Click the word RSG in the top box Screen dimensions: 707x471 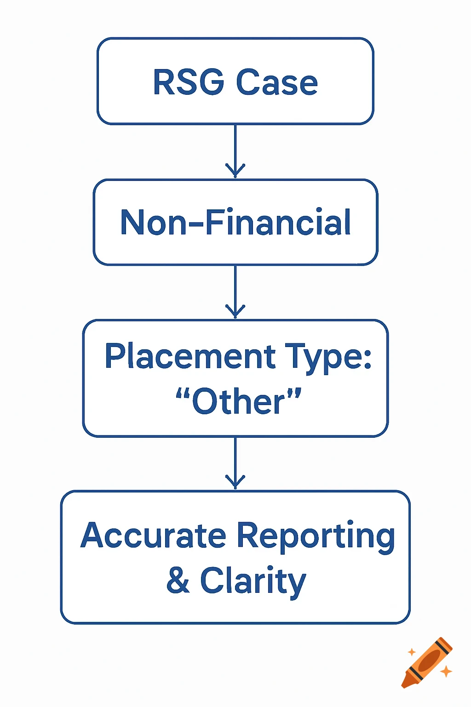coord(188,82)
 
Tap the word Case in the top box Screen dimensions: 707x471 coord(277,82)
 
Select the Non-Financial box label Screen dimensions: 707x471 coord(235,222)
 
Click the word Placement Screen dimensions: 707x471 coord(190,357)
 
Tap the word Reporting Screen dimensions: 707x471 coord(316,536)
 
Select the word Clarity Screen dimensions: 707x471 coord(253,581)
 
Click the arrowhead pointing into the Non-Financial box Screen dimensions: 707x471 coord(235,171)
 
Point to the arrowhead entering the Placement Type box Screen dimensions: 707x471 coord(235,312)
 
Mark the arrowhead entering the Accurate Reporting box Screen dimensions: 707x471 coord(235,483)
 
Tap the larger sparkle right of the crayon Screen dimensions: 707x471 coord(446,672)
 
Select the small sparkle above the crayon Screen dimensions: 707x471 coord(412,652)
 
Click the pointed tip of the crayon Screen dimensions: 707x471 coord(405,685)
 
